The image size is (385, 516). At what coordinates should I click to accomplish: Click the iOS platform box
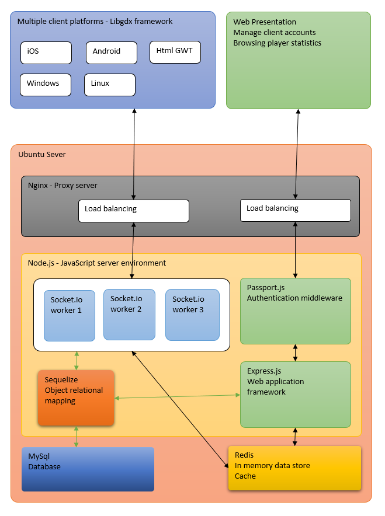coord(46,53)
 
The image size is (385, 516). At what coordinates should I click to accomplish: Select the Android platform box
coord(111,53)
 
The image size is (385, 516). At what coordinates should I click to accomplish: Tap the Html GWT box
coord(175,52)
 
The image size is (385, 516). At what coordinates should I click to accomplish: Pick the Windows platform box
coord(45,85)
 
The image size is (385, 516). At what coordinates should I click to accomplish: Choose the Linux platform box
coord(110,85)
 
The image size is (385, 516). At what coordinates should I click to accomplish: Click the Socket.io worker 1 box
coord(70,315)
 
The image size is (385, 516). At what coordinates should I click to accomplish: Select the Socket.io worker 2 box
coord(129,314)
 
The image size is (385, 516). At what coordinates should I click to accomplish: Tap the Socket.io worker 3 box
coord(192,315)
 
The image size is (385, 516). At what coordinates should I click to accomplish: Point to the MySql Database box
coord(88,469)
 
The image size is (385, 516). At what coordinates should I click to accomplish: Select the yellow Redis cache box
coord(294,468)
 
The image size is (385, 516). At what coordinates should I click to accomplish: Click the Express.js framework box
coord(296,395)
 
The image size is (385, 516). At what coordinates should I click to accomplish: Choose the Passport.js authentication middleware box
coord(296,311)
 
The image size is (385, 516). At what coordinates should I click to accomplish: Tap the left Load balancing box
coord(134,211)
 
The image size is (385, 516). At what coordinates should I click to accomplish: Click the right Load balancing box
coord(296,210)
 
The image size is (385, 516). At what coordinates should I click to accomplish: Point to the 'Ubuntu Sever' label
coord(42,155)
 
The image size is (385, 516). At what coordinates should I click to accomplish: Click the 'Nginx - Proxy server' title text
coord(63,186)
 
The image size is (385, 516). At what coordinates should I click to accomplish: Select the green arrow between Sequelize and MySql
coord(77,437)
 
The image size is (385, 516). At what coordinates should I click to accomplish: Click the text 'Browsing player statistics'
coord(277,43)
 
